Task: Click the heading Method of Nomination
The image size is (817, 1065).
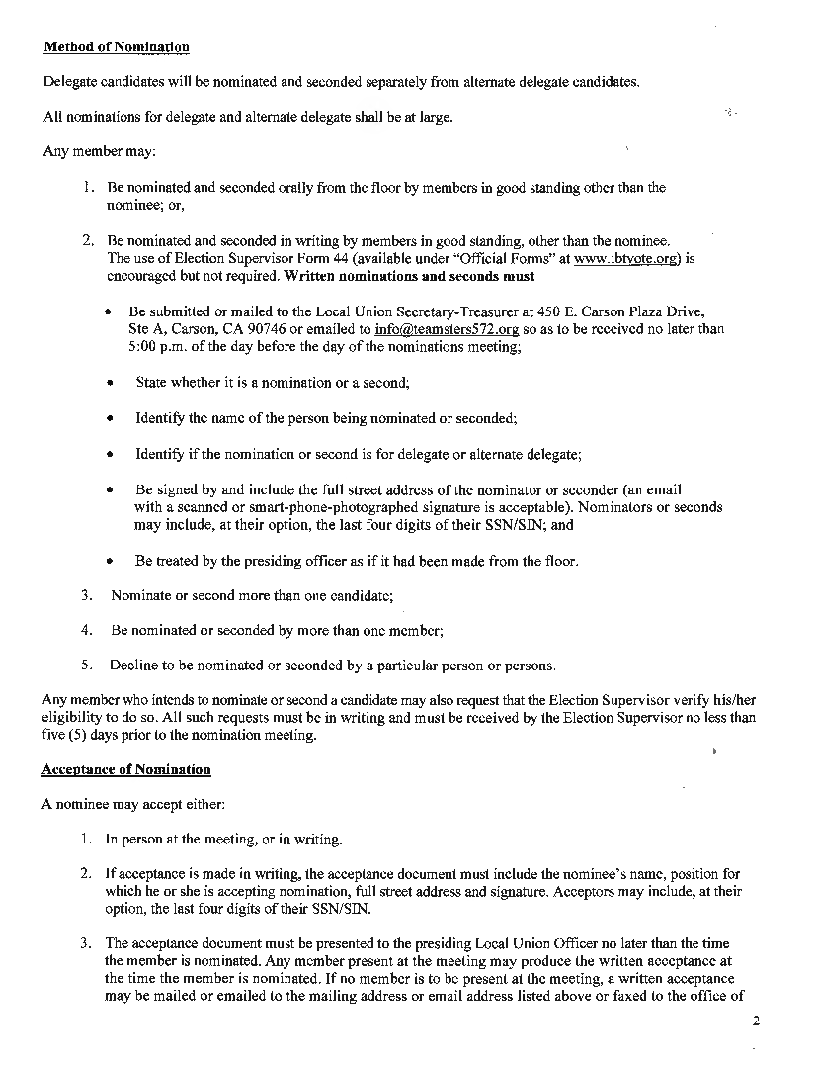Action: [117, 47]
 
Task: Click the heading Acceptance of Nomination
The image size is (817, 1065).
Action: [126, 769]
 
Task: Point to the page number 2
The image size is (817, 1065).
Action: [755, 1022]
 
